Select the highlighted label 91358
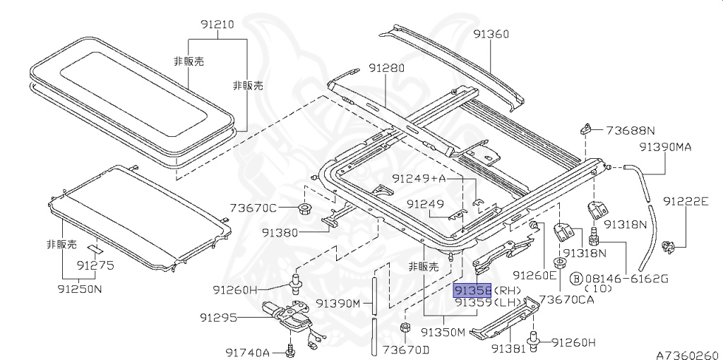473,290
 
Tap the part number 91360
491,34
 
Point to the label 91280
386,69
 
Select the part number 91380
281,232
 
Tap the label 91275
96,266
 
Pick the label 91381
506,348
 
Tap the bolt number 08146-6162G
623,280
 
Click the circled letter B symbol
575,280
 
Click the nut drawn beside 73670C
305,208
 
